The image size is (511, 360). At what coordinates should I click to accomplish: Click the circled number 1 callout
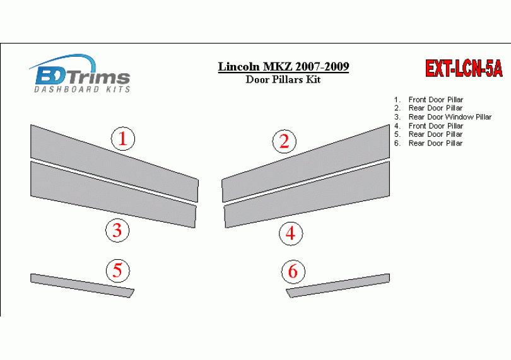pyautogui.click(x=123, y=139)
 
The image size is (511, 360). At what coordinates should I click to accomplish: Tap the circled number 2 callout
pyautogui.click(x=284, y=141)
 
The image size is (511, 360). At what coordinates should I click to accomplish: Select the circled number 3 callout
pyautogui.click(x=117, y=230)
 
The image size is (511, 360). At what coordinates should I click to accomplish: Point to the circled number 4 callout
pyautogui.click(x=291, y=233)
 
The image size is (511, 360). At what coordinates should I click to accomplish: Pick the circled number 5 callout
pyautogui.click(x=117, y=270)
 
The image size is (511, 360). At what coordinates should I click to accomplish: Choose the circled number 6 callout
pyautogui.click(x=293, y=271)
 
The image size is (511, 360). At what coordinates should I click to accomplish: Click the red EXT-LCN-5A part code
pyautogui.click(x=464, y=69)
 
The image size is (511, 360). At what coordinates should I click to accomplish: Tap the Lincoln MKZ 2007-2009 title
pyautogui.click(x=283, y=66)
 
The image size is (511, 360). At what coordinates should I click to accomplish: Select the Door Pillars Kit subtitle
pyautogui.click(x=283, y=79)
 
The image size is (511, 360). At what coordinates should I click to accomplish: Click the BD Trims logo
pyautogui.click(x=81, y=73)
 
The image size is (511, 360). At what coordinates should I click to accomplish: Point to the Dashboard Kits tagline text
pyautogui.click(x=82, y=90)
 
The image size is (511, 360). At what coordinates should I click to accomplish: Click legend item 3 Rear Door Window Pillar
pyautogui.click(x=443, y=117)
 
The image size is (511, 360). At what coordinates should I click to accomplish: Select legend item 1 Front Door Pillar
pyautogui.click(x=428, y=100)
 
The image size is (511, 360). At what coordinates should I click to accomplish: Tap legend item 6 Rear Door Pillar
pyautogui.click(x=428, y=143)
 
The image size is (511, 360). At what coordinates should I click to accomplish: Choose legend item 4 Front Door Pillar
pyautogui.click(x=428, y=125)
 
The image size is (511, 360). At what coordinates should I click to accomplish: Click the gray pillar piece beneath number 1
pyautogui.click(x=114, y=163)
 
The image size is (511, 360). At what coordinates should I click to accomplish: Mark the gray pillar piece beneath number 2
pyautogui.click(x=306, y=163)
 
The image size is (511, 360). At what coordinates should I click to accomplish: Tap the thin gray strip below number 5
pyautogui.click(x=82, y=286)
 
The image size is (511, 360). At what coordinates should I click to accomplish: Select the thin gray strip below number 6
pyautogui.click(x=338, y=286)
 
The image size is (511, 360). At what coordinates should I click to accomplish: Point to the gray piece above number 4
pyautogui.click(x=307, y=194)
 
